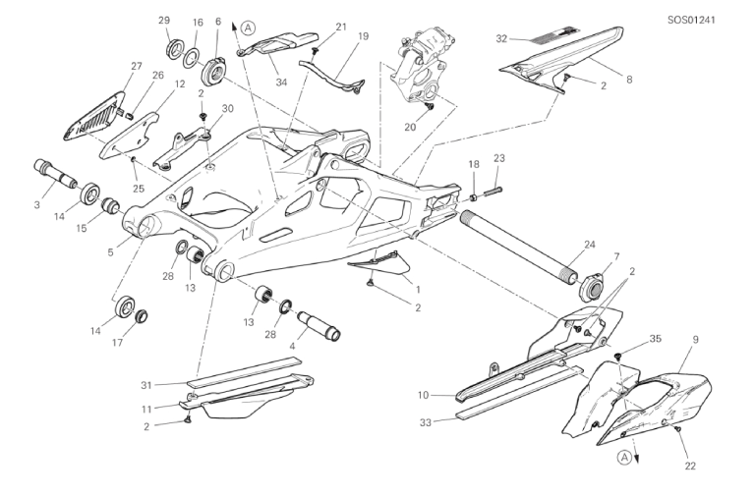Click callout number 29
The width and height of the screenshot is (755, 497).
[x=164, y=21]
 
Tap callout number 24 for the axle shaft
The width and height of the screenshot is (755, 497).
[x=591, y=244]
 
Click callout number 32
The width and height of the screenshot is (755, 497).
[x=501, y=39]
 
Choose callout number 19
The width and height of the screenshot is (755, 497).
[x=363, y=35]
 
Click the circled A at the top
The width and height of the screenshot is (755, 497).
[x=248, y=28]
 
